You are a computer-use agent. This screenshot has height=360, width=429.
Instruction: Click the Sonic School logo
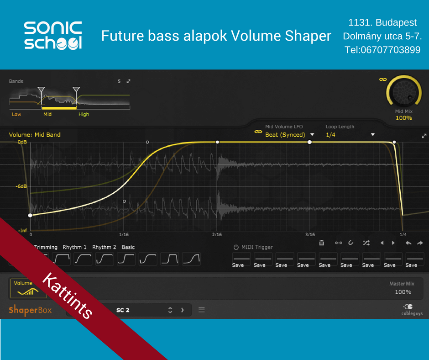[53, 35]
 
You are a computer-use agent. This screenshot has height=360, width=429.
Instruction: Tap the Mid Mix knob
[403, 91]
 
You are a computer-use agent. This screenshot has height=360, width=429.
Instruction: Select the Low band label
[16, 114]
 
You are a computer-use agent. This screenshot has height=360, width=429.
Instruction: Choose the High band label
[84, 114]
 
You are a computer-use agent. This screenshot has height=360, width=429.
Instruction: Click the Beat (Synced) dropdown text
[285, 135]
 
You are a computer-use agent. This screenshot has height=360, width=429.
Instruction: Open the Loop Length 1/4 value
[330, 135]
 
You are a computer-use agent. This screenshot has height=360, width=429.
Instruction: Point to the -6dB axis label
[21, 186]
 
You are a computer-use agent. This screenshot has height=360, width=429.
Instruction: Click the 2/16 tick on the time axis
[217, 234]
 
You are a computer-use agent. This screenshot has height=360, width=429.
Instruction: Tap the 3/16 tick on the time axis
[310, 234]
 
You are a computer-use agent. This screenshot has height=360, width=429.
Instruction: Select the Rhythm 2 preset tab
[104, 247]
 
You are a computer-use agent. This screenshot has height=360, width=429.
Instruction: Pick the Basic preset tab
[128, 247]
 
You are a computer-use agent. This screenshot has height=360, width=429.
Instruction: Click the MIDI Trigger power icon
[236, 247]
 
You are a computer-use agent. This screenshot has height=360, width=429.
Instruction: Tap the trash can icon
[322, 243]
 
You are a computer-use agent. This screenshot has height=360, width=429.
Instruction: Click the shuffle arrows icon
[366, 243]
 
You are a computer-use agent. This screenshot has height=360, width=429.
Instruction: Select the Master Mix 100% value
[403, 292]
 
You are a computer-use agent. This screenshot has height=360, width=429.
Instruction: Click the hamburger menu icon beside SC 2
[202, 310]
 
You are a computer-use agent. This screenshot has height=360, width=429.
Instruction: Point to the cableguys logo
[412, 310]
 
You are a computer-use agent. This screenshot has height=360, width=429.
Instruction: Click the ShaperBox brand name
[30, 310]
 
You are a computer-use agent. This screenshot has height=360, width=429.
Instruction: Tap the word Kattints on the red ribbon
[67, 296]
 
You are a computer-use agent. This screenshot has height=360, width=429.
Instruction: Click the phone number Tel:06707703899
[382, 50]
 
